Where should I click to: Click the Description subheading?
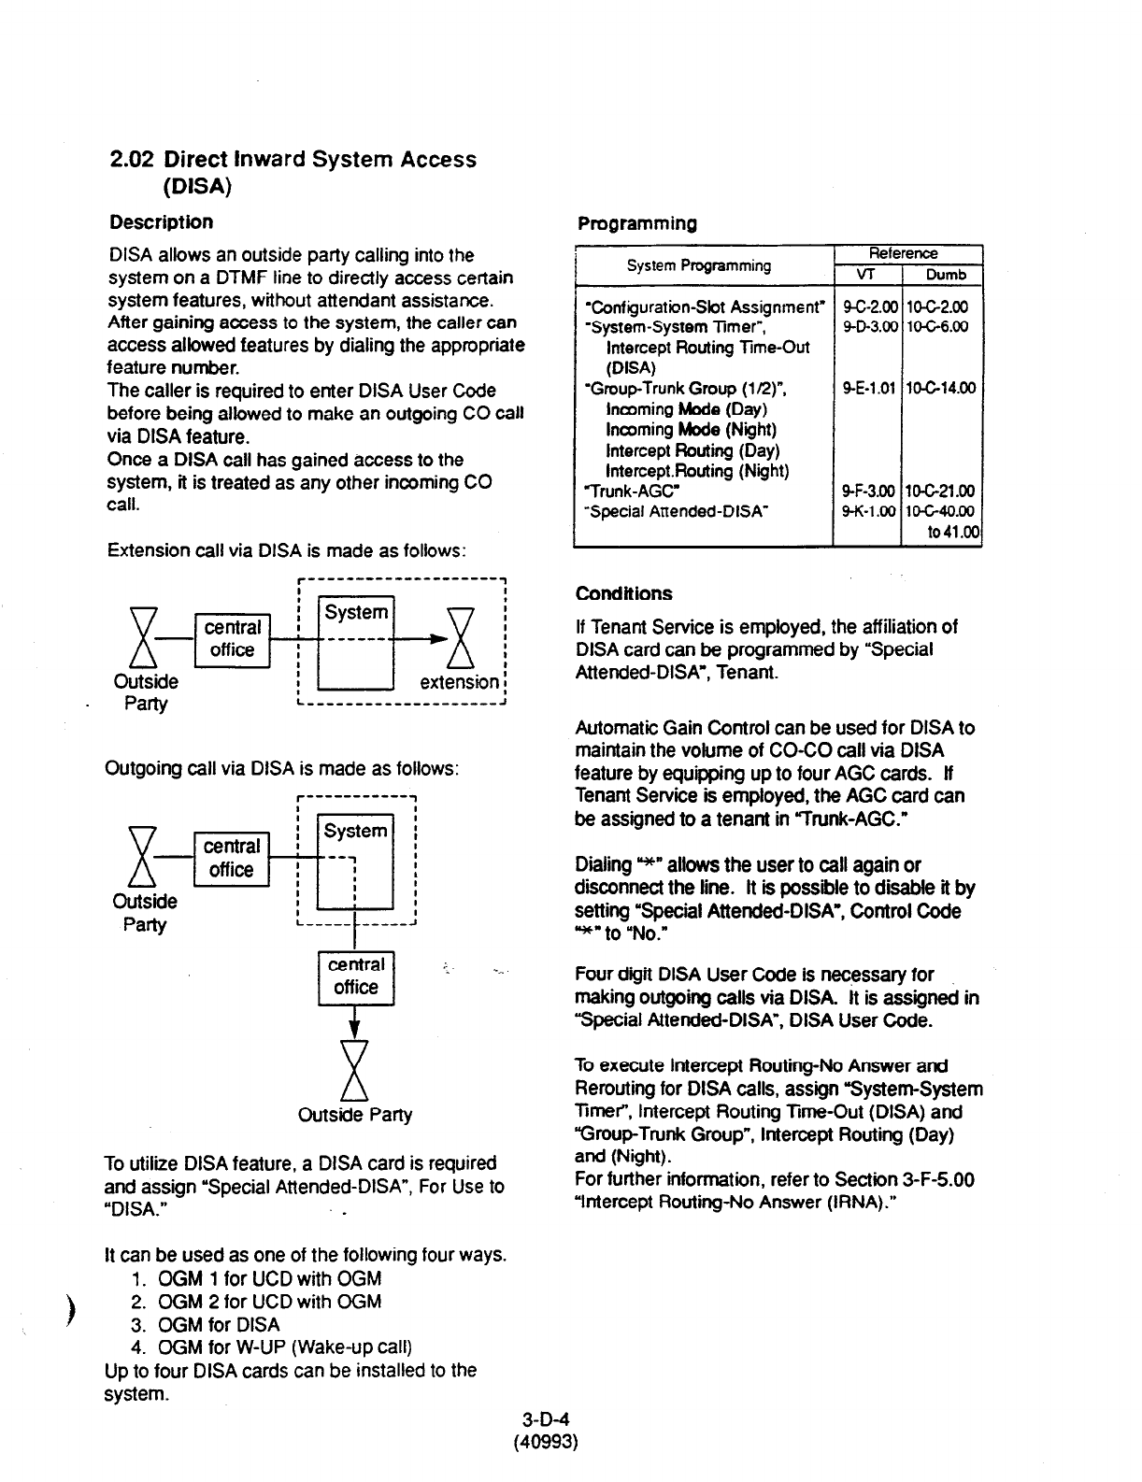[161, 222]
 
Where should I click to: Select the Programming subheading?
[636, 223]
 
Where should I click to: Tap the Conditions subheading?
[623, 593]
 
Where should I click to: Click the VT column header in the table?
[866, 275]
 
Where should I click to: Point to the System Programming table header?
[699, 265]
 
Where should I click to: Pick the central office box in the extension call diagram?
[232, 639]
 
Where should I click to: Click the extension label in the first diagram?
[459, 682]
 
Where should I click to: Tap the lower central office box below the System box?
[356, 976]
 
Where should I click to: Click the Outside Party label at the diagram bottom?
[354, 1115]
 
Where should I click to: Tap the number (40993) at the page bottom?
[546, 1442]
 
